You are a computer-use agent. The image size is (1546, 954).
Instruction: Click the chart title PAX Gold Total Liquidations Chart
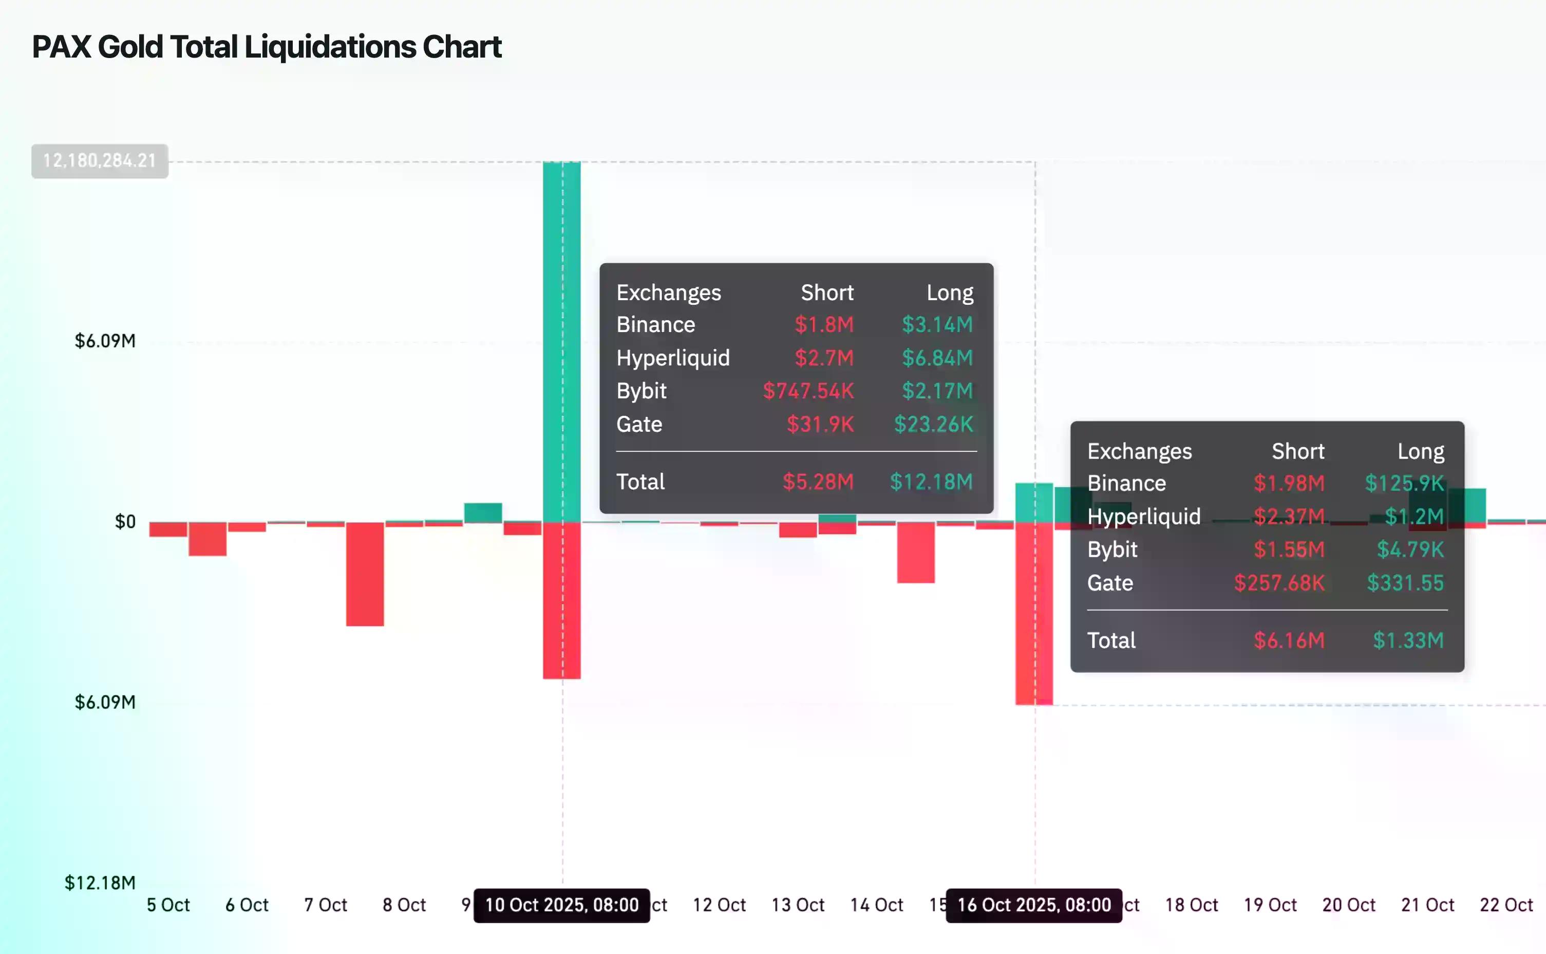pyautogui.click(x=267, y=47)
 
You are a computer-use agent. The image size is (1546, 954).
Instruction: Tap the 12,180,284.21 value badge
pyautogui.click(x=100, y=161)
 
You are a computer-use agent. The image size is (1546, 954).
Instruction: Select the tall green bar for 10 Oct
pyautogui.click(x=561, y=341)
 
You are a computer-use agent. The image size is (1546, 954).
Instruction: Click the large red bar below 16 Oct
pyautogui.click(x=1033, y=612)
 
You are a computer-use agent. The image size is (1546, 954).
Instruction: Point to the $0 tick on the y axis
pyautogui.click(x=125, y=522)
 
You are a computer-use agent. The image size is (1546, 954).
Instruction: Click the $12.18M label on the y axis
pyautogui.click(x=100, y=882)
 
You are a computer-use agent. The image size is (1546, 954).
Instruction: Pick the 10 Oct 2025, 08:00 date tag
pyautogui.click(x=561, y=905)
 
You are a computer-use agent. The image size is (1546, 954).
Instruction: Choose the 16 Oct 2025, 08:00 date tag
pyautogui.click(x=1033, y=905)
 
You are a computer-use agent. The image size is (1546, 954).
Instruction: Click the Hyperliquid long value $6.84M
pyautogui.click(x=937, y=358)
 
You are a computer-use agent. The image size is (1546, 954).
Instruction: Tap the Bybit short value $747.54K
pyautogui.click(x=808, y=391)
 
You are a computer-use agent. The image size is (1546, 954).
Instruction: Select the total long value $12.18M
pyautogui.click(x=931, y=482)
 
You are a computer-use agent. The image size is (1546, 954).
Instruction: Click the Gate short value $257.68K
pyautogui.click(x=1279, y=582)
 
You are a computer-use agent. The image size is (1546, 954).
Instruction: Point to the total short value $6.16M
pyautogui.click(x=1289, y=640)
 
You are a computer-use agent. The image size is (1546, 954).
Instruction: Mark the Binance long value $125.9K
pyautogui.click(x=1404, y=483)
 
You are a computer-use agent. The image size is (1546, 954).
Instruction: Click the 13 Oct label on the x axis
pyautogui.click(x=798, y=905)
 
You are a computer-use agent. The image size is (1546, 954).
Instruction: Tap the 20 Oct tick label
pyautogui.click(x=1348, y=905)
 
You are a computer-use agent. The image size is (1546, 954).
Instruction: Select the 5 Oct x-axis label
pyautogui.click(x=168, y=905)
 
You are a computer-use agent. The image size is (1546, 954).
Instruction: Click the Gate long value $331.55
pyautogui.click(x=1405, y=582)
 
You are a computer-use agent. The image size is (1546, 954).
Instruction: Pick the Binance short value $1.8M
pyautogui.click(x=823, y=324)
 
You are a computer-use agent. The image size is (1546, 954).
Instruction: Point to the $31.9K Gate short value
pyautogui.click(x=820, y=424)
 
